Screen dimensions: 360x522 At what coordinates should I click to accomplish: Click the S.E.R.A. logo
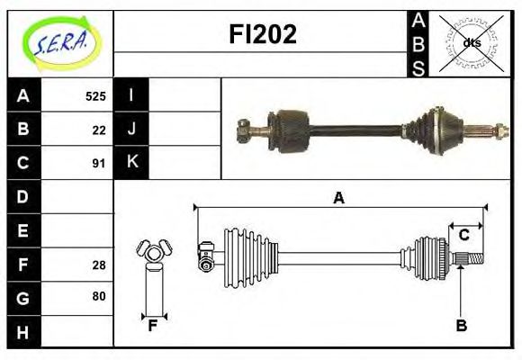pos(59,42)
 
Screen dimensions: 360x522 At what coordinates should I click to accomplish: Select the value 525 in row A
pos(95,96)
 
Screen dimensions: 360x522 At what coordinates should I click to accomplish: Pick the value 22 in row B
pos(99,130)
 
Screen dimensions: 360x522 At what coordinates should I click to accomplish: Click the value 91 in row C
pos(99,163)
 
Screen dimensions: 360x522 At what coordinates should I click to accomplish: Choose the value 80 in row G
pos(99,296)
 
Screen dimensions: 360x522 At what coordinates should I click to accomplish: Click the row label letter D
pos(23,196)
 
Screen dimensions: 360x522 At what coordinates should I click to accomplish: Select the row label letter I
pos(131,95)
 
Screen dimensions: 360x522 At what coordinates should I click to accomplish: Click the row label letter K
pos(131,163)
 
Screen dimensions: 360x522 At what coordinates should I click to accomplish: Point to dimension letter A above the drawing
pos(338,198)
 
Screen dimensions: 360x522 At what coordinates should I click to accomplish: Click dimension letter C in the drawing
pos(463,236)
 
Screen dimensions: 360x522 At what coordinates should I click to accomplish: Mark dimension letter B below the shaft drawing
pos(461,326)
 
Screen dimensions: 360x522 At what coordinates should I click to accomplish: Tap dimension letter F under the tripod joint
pos(153,326)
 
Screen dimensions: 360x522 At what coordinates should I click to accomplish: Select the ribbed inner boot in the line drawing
pos(246,254)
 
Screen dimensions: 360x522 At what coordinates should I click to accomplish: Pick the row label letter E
pos(23,230)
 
